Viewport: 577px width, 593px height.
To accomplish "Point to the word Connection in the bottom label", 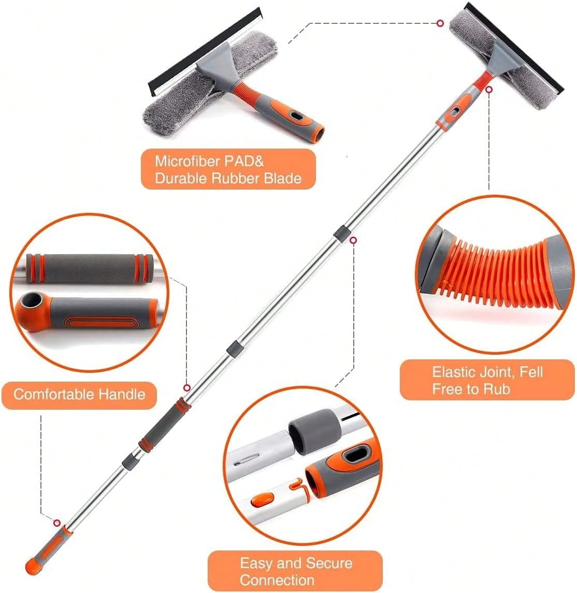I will (277, 579).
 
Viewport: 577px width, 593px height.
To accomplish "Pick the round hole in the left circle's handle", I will (30, 302).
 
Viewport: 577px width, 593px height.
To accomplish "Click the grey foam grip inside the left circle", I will (88, 268).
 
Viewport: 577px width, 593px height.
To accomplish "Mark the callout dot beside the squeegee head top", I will (440, 23).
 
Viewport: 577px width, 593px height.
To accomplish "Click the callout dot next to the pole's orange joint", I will (489, 89).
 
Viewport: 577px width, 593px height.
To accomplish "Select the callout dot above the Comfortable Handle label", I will (186, 387).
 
